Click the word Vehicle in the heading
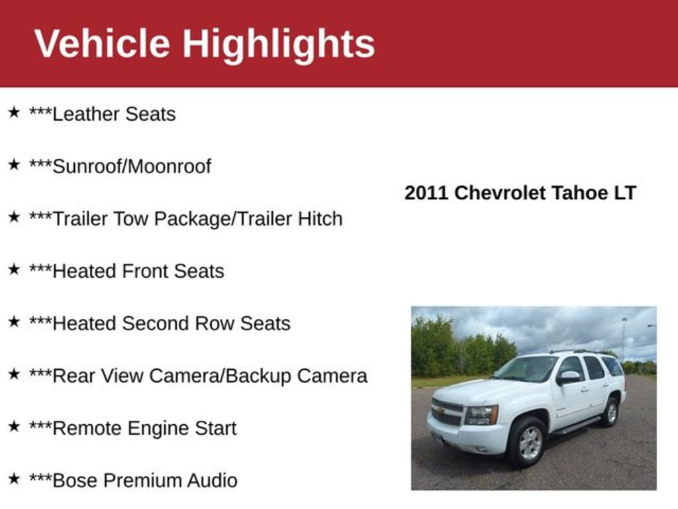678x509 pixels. click(102, 43)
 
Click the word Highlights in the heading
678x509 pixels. click(279, 46)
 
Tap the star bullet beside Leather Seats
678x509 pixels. click(14, 112)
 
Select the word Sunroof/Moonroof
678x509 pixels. click(132, 166)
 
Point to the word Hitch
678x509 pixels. click(320, 219)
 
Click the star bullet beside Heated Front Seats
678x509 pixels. click(14, 269)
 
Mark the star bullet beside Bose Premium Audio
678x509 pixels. click(14, 479)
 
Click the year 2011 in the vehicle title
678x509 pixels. click(426, 193)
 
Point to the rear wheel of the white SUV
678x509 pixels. click(610, 412)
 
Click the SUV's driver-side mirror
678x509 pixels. click(569, 377)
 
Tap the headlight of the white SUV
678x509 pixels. click(481, 416)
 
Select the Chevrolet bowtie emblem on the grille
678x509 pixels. click(440, 411)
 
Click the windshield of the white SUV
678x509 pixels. click(526, 369)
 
